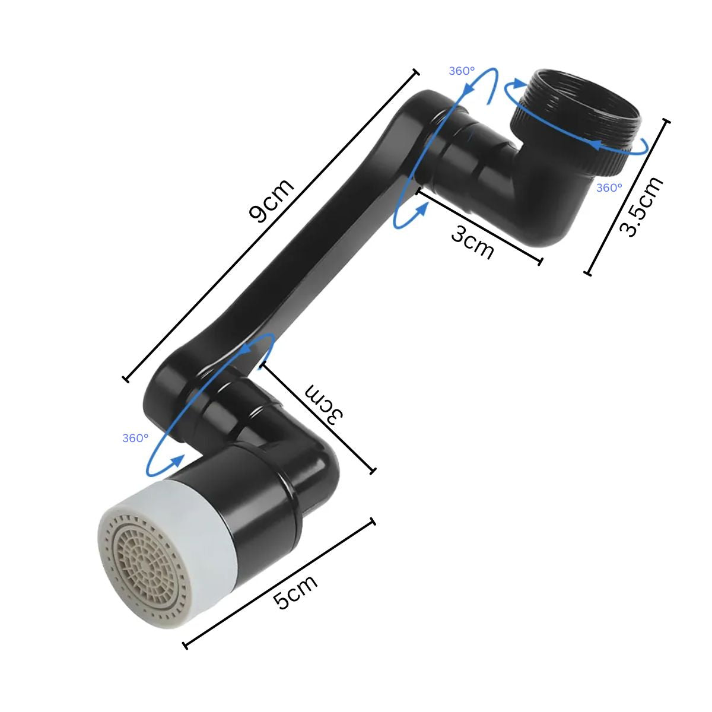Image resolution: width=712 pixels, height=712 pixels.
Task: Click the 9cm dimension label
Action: pos(272,200)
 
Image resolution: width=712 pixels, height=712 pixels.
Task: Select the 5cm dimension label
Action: pos(295,592)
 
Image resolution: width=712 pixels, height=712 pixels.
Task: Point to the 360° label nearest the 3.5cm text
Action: pos(609,187)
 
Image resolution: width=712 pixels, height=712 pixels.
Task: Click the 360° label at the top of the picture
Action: pos(462,71)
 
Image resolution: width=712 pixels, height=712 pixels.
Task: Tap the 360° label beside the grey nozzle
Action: pos(135,438)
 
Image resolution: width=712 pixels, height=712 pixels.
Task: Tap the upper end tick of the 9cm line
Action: pos(415,72)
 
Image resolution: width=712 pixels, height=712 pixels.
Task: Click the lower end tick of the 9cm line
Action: pos(125,379)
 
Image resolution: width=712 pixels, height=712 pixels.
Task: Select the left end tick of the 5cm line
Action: pos(186,645)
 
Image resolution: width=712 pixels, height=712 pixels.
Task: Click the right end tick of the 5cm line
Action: pos(373,522)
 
